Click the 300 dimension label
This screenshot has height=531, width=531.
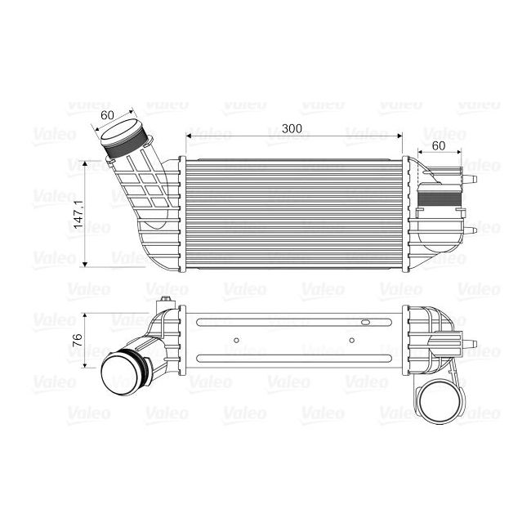tap(292, 127)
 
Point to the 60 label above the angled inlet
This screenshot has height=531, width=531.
tap(106, 115)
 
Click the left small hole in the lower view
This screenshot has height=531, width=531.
tap(235, 340)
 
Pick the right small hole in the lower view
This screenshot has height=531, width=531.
tap(351, 340)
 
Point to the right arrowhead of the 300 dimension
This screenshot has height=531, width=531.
tap(400, 136)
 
